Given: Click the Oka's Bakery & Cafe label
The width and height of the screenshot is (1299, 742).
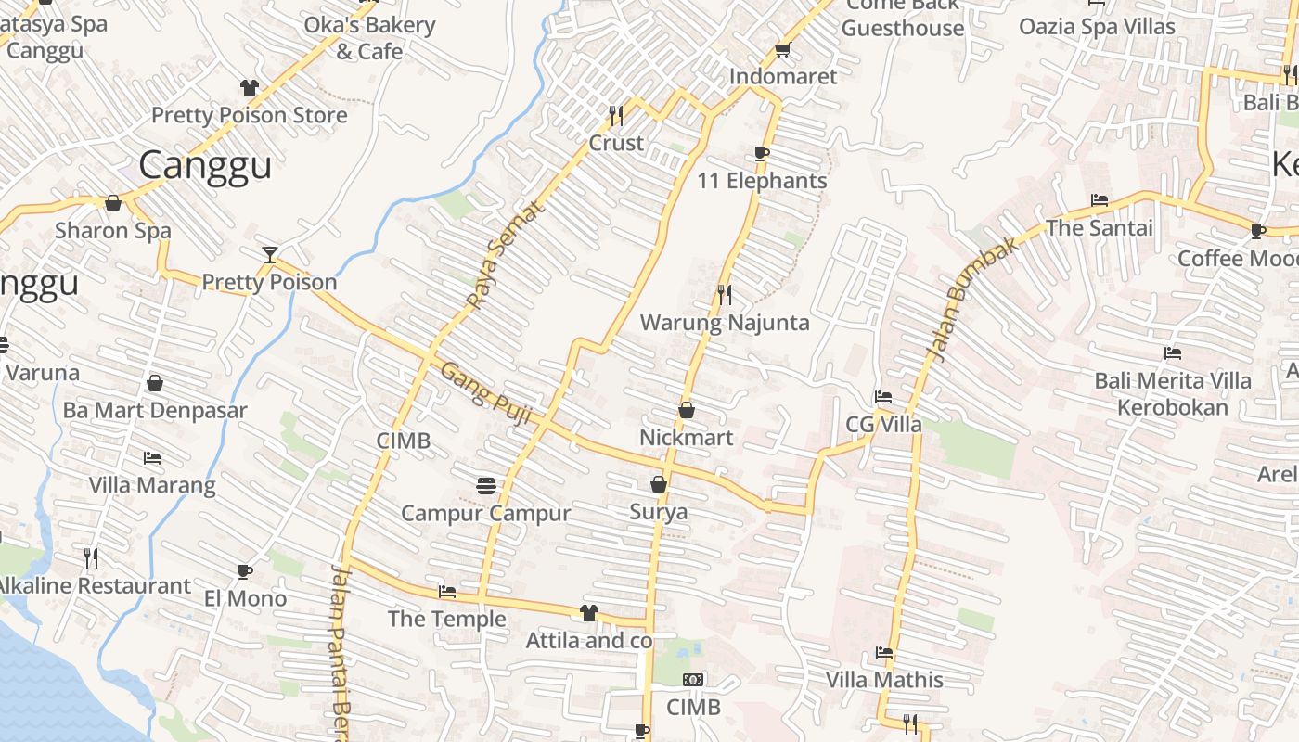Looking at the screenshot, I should tap(369, 38).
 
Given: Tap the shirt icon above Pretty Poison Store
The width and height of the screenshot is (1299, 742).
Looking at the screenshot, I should tap(249, 88).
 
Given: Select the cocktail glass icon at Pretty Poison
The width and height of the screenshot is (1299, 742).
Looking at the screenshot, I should tap(269, 254).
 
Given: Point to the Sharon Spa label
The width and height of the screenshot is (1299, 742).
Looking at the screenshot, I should tap(113, 230).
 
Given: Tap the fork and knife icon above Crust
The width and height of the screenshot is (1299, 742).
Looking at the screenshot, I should tap(615, 115).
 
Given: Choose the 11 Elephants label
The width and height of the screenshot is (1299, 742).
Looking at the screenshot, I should tap(762, 181).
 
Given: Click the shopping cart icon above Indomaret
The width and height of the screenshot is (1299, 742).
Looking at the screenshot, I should tap(782, 49).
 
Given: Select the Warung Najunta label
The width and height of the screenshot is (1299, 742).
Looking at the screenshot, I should tap(725, 323).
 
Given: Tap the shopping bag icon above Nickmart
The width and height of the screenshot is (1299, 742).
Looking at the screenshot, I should tap(687, 409).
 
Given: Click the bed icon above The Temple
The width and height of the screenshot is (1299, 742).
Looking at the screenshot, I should tap(447, 592).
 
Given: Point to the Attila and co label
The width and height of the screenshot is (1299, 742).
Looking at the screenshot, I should tap(589, 641).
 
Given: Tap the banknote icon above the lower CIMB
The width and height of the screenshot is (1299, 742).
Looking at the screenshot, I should tap(693, 680).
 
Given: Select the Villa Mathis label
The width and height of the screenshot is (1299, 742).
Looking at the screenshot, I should tap(884, 680).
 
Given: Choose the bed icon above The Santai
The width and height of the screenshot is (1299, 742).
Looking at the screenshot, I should tap(1100, 200).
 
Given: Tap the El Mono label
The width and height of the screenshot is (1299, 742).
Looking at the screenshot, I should tap(245, 598).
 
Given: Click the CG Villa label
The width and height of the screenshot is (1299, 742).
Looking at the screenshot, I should tap(883, 425).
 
